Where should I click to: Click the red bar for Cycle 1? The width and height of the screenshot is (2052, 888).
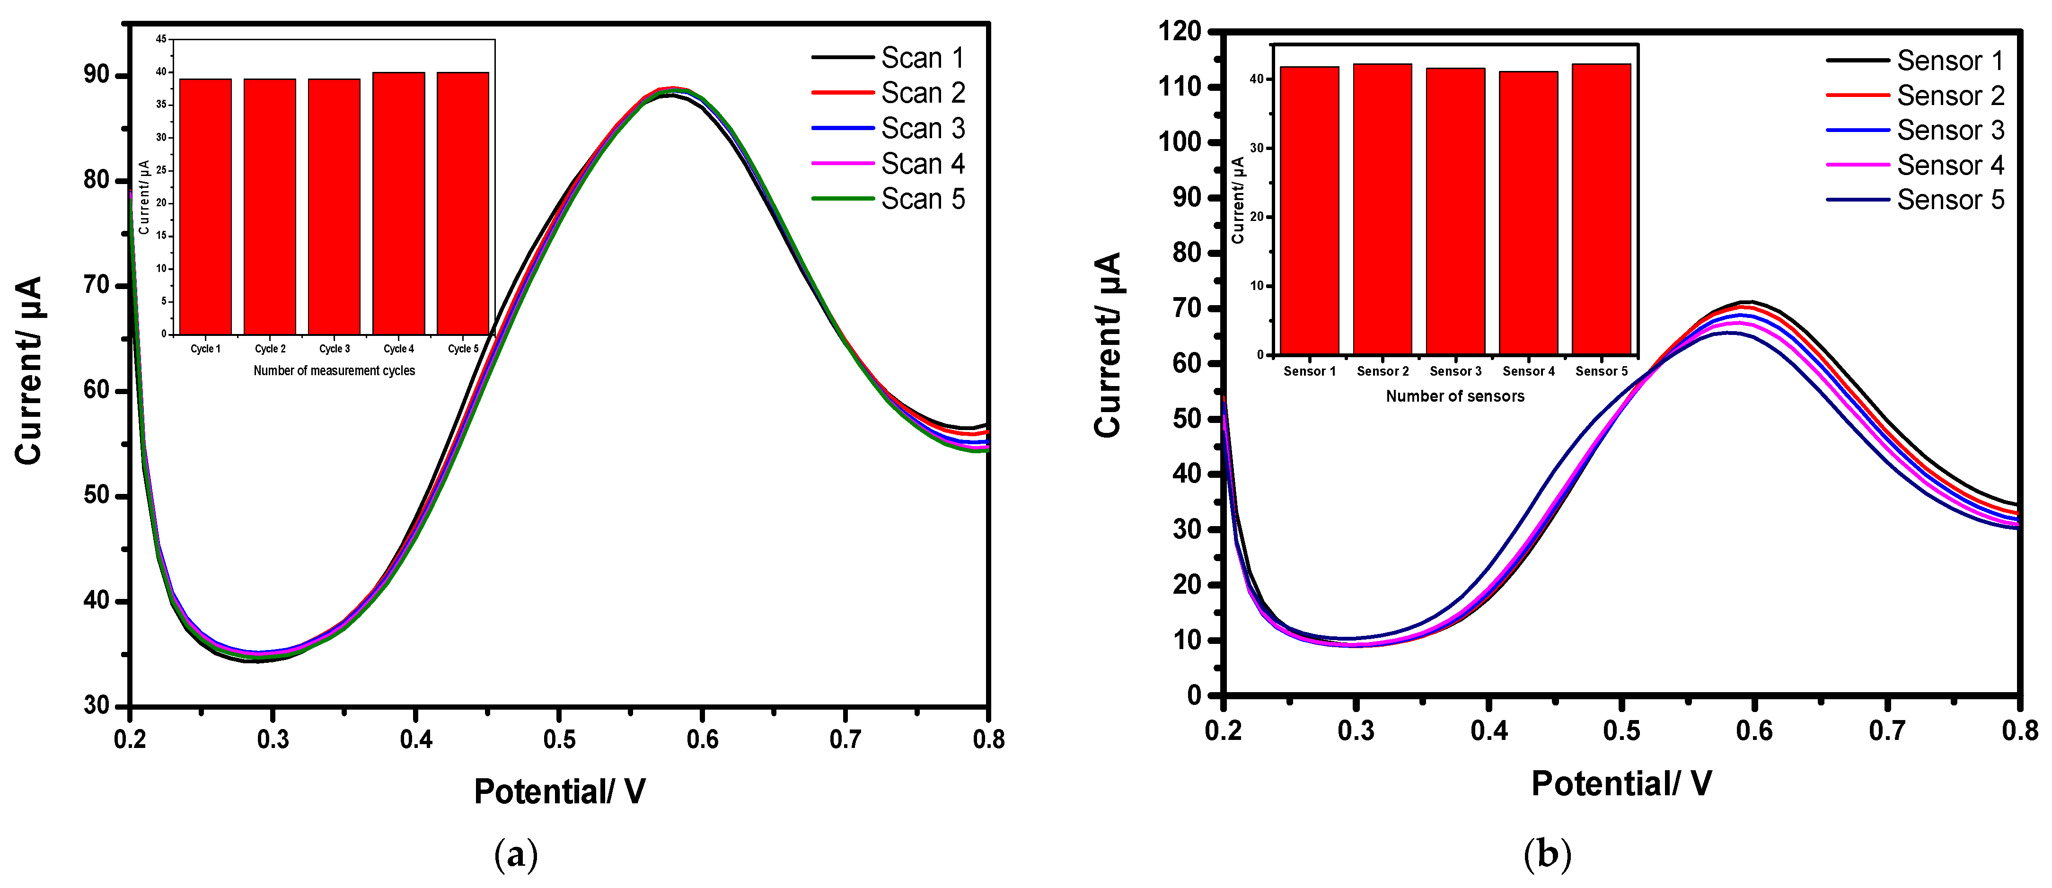205,207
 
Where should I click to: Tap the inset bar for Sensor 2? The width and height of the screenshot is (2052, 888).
1382,210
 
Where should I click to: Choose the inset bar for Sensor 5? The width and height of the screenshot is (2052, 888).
1601,210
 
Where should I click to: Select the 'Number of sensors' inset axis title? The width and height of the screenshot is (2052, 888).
1454,396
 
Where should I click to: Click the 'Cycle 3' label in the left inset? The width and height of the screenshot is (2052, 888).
335,349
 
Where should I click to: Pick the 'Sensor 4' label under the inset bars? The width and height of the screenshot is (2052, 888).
1528,371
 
